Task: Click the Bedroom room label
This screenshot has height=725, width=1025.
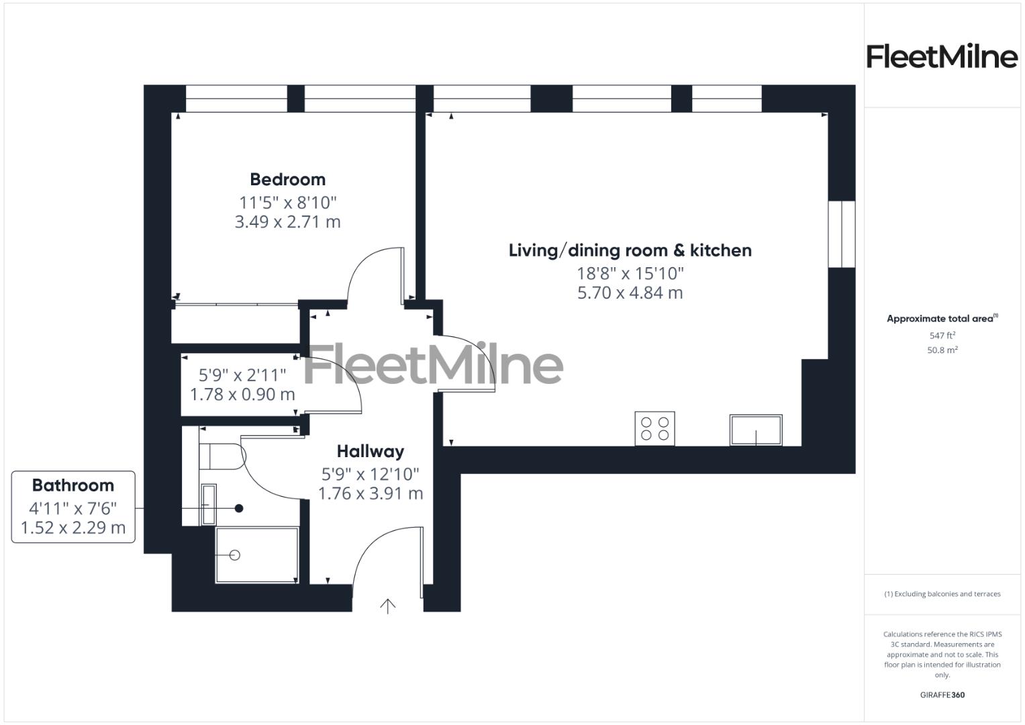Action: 287,179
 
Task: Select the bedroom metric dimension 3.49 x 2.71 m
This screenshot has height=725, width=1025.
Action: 287,222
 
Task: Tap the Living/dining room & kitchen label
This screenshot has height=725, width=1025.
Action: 630,250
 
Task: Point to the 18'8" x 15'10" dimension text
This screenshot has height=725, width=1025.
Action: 630,273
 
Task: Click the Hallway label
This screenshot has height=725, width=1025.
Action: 370,451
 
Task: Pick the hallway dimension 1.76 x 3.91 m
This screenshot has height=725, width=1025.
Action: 370,493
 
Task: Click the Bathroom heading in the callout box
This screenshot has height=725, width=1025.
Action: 73,485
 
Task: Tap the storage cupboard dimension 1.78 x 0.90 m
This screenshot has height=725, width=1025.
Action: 242,394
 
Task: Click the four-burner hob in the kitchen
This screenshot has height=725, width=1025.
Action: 654,428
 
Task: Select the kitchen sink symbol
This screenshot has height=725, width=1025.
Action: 756,430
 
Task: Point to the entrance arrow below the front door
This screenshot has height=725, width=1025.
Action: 388,606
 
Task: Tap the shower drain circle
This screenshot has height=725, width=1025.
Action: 235,555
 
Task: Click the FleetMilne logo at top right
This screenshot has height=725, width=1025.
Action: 942,56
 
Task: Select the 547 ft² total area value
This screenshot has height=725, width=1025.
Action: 942,336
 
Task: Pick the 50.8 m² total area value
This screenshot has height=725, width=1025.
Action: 942,350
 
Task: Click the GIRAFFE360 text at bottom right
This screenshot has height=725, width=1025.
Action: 942,695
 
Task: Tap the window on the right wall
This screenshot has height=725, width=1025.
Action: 841,234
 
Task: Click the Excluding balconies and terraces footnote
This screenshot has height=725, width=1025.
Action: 942,594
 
